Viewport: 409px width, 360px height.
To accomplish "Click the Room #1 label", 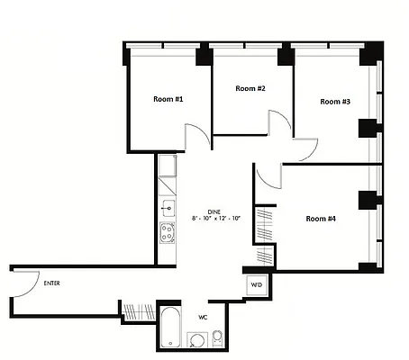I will tap(168, 99).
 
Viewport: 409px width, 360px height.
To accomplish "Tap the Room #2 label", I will tap(250, 88).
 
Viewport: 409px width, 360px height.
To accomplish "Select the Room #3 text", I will tap(334, 102).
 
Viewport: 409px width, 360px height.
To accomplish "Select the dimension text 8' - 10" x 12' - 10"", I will tap(216, 219).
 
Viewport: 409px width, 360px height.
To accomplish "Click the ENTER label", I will tap(52, 283).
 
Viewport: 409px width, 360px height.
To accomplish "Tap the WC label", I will tap(204, 317).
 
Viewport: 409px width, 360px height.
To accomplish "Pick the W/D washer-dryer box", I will tap(257, 285).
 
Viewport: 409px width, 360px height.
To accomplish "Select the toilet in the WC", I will tap(217, 337).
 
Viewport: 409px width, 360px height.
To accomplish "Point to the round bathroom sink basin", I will tap(195, 340).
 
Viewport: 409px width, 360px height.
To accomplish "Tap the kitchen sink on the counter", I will tap(168, 206).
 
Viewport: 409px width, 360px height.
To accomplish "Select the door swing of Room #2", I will tap(280, 123).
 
